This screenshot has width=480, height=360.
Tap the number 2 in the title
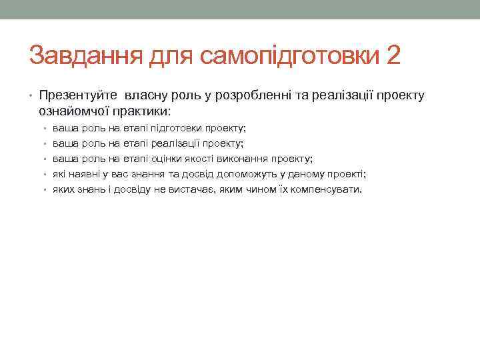(393, 56)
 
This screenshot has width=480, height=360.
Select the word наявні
(81, 174)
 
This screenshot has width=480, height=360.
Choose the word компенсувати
(327, 190)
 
